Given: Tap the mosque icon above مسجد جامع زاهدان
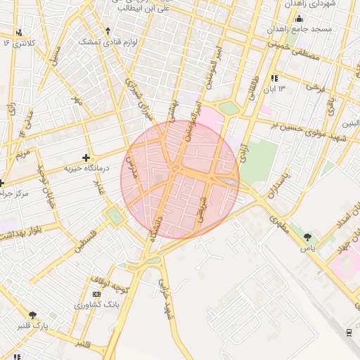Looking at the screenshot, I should (299, 19).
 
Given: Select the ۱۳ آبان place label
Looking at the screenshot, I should (274, 89).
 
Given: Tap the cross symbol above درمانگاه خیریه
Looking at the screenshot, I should (86, 157).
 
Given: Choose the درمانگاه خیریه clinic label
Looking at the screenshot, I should (85, 169).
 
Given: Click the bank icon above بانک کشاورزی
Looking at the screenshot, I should (96, 293).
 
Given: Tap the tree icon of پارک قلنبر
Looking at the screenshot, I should (32, 315).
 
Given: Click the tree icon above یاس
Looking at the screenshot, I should (307, 237).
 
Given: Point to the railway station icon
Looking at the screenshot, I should (349, 331).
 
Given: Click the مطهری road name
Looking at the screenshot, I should (278, 224).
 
